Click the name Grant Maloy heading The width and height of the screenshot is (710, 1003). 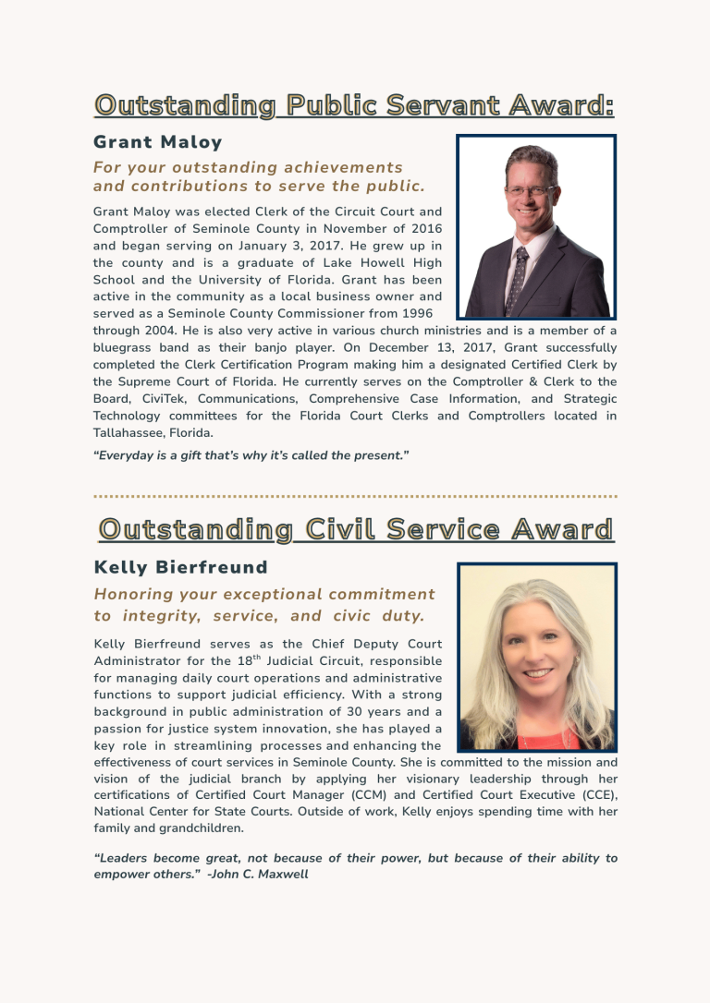point(158,142)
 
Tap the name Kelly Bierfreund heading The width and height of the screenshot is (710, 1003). point(181,567)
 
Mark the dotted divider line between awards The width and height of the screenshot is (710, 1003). point(355,496)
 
